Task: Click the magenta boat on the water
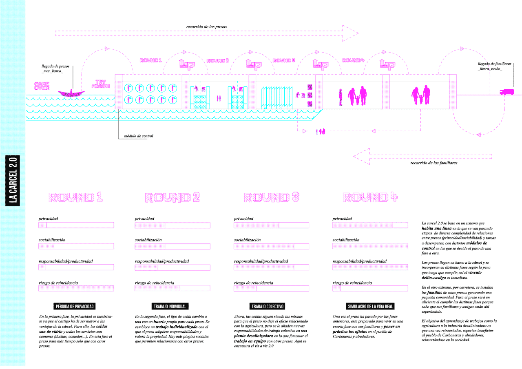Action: (71, 93)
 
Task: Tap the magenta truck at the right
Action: (507, 92)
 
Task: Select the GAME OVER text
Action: (42, 86)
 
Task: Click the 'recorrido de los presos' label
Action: (206, 27)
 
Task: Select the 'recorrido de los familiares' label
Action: (434, 163)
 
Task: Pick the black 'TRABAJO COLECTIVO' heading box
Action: (268, 306)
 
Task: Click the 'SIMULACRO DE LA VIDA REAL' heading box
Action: (370, 306)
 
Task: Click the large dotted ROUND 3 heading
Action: (271, 198)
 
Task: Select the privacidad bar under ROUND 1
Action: (76, 225)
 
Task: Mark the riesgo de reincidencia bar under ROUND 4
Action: (370, 288)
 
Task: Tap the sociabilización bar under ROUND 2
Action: (173, 246)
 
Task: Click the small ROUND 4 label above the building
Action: (353, 60)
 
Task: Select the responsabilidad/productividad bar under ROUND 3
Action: (271, 267)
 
